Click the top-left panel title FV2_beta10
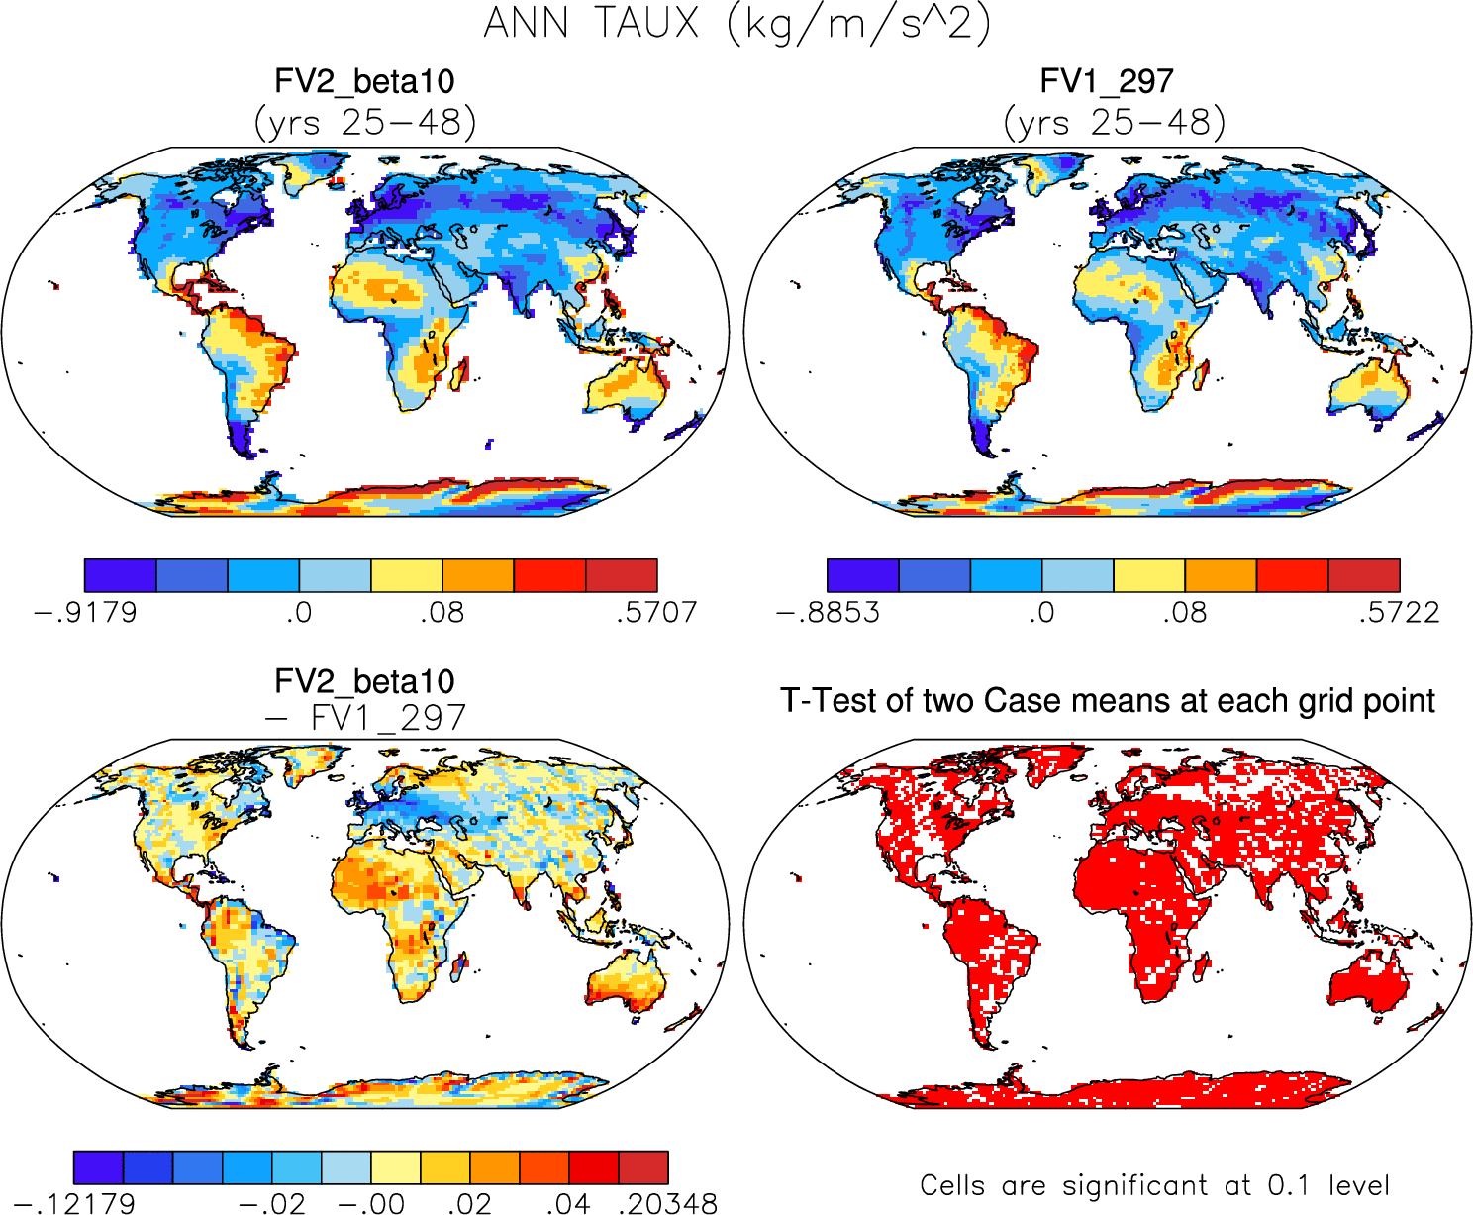pyautogui.click(x=364, y=81)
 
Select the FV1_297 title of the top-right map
pyautogui.click(x=1107, y=81)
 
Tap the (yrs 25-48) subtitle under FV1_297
pyautogui.click(x=1114, y=123)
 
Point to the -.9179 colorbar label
pyautogui.click(x=85, y=612)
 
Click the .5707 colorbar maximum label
pyautogui.click(x=655, y=612)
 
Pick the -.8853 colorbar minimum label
pyautogui.click(x=828, y=612)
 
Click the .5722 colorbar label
pyautogui.click(x=1398, y=612)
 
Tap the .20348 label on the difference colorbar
pyautogui.click(x=667, y=1203)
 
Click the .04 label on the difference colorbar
pyautogui.click(x=568, y=1203)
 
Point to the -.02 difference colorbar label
pyautogui.click(x=272, y=1203)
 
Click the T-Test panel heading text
pyautogui.click(x=1107, y=701)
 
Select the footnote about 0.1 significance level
pyautogui.click(x=1154, y=1185)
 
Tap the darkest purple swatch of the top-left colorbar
pyautogui.click(x=120, y=575)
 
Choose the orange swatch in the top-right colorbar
pyautogui.click(x=1221, y=575)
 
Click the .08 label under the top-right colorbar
pyautogui.click(x=1185, y=612)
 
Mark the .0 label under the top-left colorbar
pyautogui.click(x=299, y=612)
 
